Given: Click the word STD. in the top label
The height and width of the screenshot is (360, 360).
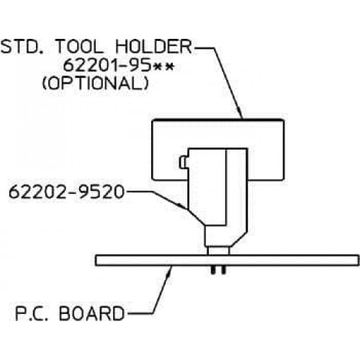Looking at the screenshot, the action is tap(22, 47).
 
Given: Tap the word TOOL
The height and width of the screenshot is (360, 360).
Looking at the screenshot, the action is tap(79, 47).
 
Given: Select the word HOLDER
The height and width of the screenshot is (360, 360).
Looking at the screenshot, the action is tap(153, 47).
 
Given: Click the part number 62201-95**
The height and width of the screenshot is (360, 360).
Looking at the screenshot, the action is tap(118, 66).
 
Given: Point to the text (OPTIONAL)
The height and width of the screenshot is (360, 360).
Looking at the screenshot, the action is tap(95, 84).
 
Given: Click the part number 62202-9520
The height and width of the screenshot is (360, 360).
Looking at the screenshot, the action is tap(66, 192).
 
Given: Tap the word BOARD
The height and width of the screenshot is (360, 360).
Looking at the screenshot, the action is tap(92, 313).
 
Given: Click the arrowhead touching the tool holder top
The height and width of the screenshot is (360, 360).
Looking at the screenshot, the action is tap(240, 114).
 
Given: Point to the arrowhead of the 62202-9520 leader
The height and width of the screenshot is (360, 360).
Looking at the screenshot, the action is tap(184, 206).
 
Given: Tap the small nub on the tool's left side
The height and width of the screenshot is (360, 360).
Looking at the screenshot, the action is tap(182, 163).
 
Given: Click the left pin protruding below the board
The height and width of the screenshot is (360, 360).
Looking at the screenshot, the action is tap(212, 270).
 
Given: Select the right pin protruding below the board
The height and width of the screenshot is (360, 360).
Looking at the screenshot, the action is tap(223, 270).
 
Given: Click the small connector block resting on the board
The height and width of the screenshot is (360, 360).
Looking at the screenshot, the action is tap(218, 251).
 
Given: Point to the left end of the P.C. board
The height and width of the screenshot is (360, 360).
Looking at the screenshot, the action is tap(96, 261).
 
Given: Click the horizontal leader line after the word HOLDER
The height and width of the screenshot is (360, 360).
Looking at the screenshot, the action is tap(203, 48).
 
